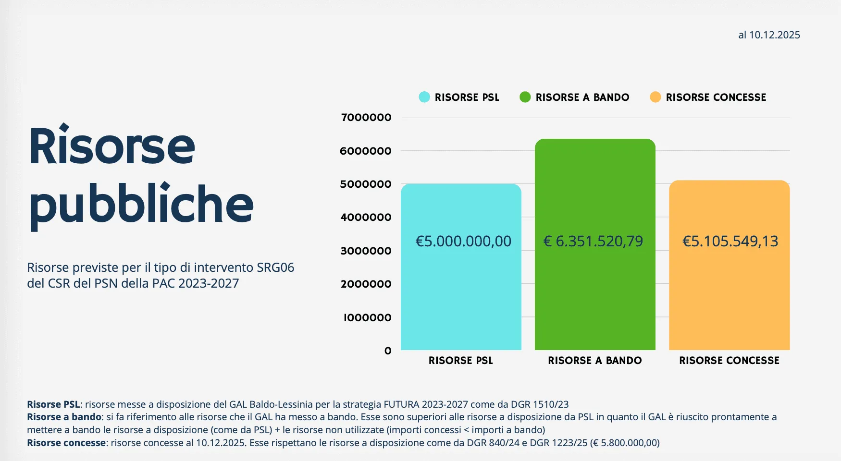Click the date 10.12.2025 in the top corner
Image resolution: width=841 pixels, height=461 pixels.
[x=774, y=35]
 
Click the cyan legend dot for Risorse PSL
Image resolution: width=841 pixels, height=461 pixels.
[x=424, y=97]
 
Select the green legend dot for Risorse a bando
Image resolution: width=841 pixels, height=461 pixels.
[x=525, y=97]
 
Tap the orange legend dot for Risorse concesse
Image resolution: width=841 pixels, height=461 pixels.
[x=655, y=97]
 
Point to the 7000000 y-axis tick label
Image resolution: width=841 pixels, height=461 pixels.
[x=366, y=118]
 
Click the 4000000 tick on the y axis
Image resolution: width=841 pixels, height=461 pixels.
[x=366, y=218]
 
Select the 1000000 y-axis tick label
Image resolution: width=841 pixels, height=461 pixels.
[x=367, y=318]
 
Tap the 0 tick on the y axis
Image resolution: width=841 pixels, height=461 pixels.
[x=388, y=351]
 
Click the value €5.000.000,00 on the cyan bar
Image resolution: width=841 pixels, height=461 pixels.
[x=463, y=241]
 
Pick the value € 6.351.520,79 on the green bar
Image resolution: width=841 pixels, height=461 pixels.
[x=593, y=241]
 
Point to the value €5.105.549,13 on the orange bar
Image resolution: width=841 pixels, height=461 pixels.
[x=730, y=241]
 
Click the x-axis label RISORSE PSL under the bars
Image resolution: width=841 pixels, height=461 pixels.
[x=460, y=361]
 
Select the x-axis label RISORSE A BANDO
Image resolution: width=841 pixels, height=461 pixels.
[x=594, y=361]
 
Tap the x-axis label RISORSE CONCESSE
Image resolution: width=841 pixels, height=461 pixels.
[x=729, y=361]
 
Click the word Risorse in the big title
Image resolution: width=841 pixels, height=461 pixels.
[x=112, y=146]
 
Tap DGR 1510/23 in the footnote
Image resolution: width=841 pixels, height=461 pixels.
[x=540, y=404]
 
